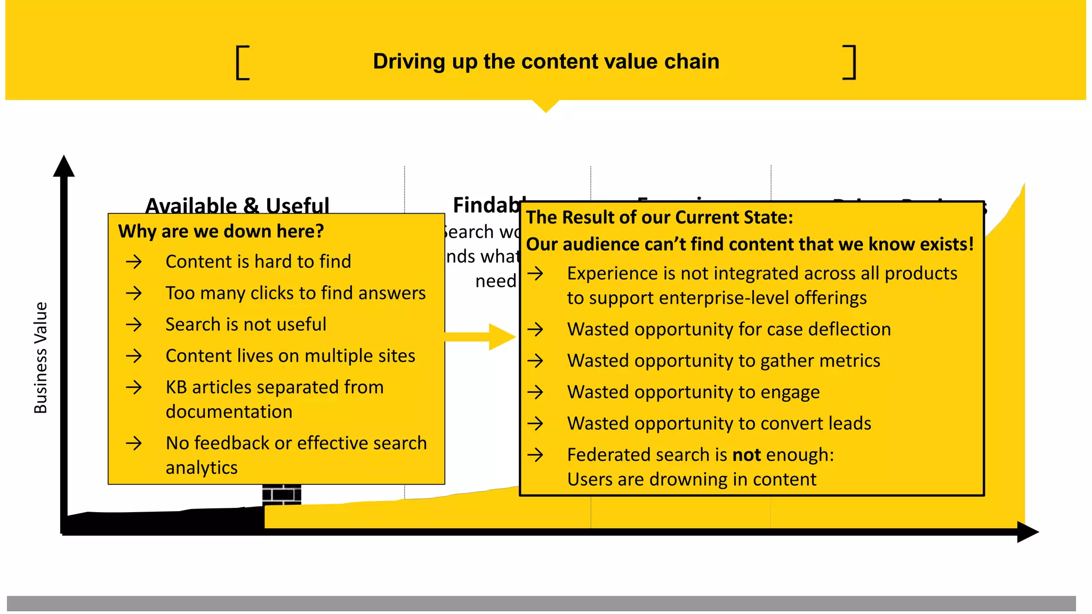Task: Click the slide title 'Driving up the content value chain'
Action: [545, 62]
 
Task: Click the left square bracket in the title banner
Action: [242, 63]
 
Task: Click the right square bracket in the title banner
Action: [850, 63]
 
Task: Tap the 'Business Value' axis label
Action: [41, 358]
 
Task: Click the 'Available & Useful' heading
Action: [237, 205]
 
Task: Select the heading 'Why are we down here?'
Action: [221, 231]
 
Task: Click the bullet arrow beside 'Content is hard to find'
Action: [134, 262]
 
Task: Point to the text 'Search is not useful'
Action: [245, 324]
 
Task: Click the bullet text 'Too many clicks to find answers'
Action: [295, 293]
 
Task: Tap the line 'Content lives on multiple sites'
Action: [290, 356]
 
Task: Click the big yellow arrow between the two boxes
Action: [480, 337]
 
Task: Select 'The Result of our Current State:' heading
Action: [660, 217]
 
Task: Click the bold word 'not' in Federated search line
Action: [746, 455]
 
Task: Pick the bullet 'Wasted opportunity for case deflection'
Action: [728, 329]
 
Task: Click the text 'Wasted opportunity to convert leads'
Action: [719, 424]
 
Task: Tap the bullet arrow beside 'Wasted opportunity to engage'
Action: [535, 392]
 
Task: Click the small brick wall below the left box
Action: [282, 494]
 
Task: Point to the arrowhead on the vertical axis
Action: [64, 166]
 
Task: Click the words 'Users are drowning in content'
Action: [692, 480]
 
